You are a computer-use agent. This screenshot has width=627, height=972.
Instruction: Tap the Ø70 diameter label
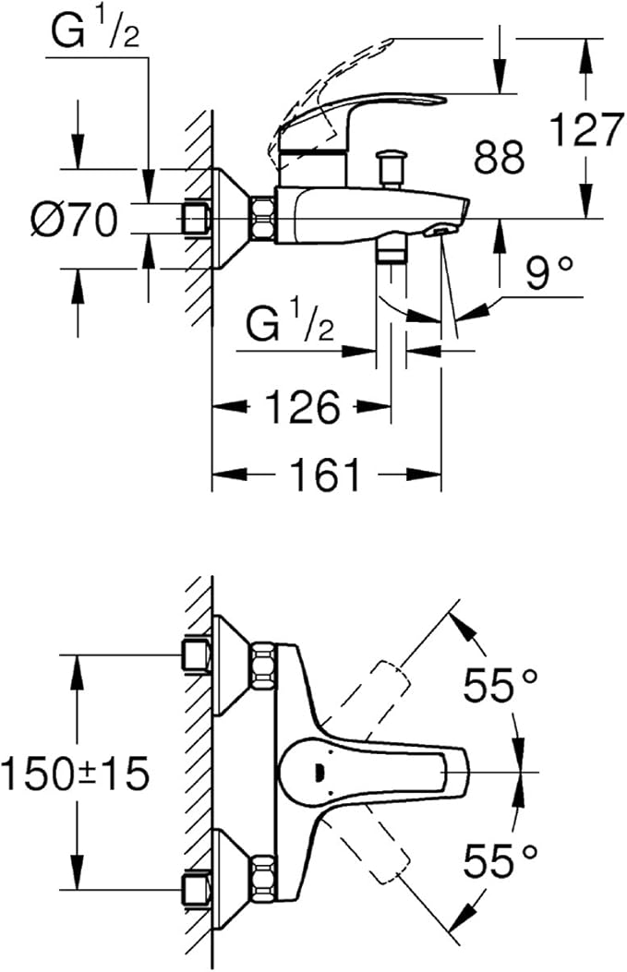(73, 221)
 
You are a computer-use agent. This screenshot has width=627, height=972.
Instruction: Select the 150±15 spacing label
(75, 773)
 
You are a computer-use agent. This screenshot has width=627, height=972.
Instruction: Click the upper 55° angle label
(500, 685)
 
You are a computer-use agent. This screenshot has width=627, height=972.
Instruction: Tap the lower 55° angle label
(500, 862)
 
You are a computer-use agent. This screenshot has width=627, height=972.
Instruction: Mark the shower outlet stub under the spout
(392, 254)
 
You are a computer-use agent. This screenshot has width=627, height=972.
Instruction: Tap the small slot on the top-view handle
(319, 773)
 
